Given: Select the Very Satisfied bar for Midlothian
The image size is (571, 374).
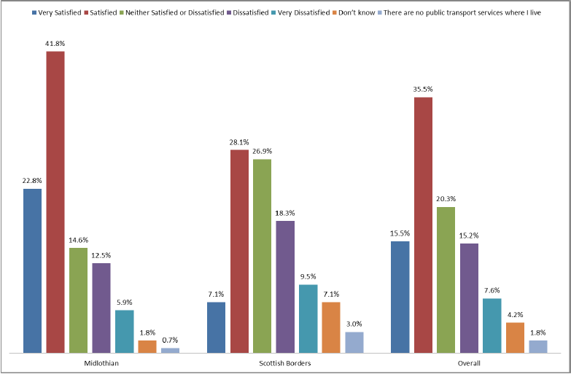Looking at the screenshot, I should tap(32, 270).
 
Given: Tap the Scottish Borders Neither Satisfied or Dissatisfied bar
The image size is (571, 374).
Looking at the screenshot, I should tap(262, 256).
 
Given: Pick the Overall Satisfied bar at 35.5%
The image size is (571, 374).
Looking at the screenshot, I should tap(423, 225).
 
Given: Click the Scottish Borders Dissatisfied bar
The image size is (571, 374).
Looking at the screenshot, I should tap(285, 287).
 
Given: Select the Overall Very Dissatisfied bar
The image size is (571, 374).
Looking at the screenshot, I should tap(492, 325).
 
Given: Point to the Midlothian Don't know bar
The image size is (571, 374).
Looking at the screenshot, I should tap(147, 346).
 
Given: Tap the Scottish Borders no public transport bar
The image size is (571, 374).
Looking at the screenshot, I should tap(354, 342).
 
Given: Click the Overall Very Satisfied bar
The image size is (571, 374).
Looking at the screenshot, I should tap(400, 297).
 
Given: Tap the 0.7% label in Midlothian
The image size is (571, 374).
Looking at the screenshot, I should tap(170, 340).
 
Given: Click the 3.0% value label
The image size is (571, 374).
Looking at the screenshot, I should tap(354, 324).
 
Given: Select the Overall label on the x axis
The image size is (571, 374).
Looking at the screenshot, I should tap(469, 362).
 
